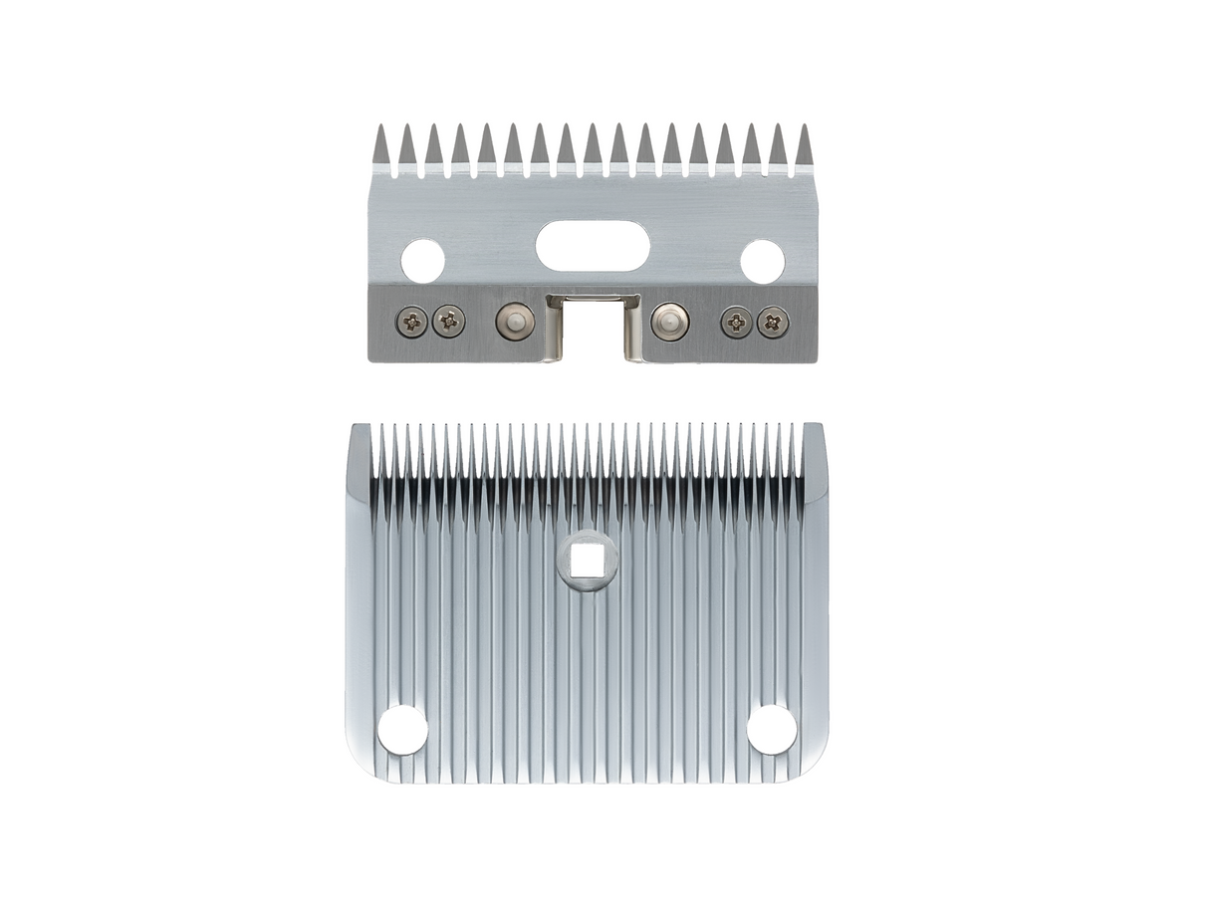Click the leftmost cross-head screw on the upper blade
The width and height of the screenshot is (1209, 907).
click(x=412, y=321)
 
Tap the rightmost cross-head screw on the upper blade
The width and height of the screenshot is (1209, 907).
click(x=773, y=321)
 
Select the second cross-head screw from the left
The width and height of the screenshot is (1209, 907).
click(x=449, y=321)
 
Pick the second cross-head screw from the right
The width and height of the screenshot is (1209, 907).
click(x=736, y=321)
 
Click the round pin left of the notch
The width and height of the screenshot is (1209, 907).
click(x=514, y=321)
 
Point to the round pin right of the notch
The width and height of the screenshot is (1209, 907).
click(x=668, y=321)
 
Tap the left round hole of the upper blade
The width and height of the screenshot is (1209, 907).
click(x=422, y=260)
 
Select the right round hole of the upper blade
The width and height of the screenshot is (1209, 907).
click(x=763, y=260)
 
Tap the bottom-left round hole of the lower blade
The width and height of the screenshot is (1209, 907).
click(x=403, y=729)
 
